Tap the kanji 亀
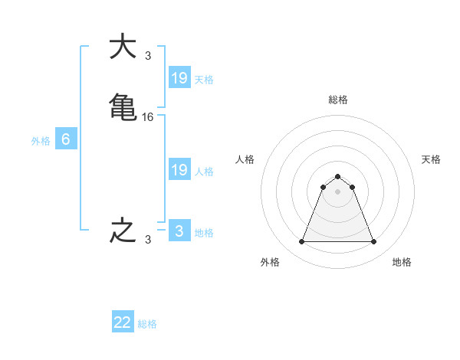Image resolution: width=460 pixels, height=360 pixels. point(123,106)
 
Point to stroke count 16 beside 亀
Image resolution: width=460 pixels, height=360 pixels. point(148,116)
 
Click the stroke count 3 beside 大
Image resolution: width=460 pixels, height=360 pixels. point(148,56)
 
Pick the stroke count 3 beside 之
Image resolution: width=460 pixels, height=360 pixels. point(148,240)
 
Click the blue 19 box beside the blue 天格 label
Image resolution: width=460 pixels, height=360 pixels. point(179,77)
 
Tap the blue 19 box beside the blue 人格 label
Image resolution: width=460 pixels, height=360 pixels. point(179,170)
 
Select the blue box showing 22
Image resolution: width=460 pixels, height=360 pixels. point(123,322)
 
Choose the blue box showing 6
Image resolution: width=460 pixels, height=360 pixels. point(66,139)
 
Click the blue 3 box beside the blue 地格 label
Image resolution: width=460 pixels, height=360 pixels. point(179,231)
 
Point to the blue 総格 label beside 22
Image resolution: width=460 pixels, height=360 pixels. point(147,324)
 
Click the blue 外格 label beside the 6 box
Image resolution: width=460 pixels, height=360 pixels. point(40,141)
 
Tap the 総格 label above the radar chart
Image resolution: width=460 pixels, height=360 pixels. point(337,100)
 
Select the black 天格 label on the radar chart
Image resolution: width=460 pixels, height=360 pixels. point(431,159)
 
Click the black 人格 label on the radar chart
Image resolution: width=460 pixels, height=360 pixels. point(245,159)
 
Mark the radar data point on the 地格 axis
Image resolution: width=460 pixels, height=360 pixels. point(374,242)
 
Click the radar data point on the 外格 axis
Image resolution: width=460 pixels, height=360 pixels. point(301,242)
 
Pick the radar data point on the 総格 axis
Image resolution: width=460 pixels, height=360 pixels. point(337,176)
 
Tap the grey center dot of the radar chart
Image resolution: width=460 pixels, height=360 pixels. point(337,191)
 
